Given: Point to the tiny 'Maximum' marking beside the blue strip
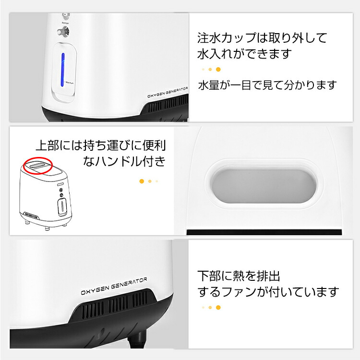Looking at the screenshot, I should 72,82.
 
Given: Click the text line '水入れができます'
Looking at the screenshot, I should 245,53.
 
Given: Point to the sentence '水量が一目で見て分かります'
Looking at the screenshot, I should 267,85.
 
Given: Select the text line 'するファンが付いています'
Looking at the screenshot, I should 268,291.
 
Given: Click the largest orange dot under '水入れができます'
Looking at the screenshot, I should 218,69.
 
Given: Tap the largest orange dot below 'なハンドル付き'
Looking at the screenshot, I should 141,181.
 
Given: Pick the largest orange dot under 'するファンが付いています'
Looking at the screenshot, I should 218,307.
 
